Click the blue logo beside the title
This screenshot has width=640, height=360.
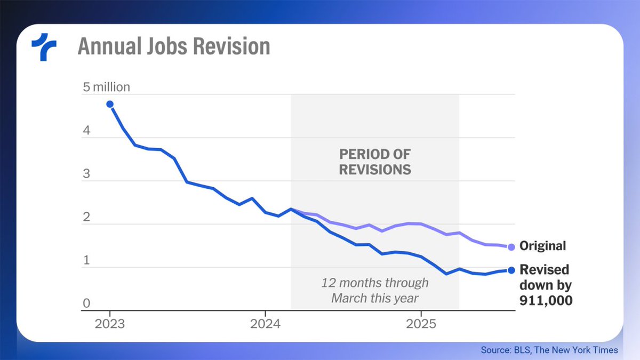pos(44,46)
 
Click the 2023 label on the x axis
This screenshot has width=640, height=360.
pos(110,324)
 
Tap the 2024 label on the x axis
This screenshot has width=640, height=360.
pos(266,324)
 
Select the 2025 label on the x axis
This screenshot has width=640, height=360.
pos(421,324)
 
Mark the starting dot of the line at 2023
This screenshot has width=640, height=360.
pos(110,104)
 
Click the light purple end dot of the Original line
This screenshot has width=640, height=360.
pos(511,247)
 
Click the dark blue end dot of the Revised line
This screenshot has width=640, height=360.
pos(511,270)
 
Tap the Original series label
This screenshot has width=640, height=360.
pos(542,246)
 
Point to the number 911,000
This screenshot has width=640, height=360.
pos(546,301)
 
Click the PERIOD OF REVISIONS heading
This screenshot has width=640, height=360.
pos(375,162)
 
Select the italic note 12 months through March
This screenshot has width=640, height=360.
pos(374,290)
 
